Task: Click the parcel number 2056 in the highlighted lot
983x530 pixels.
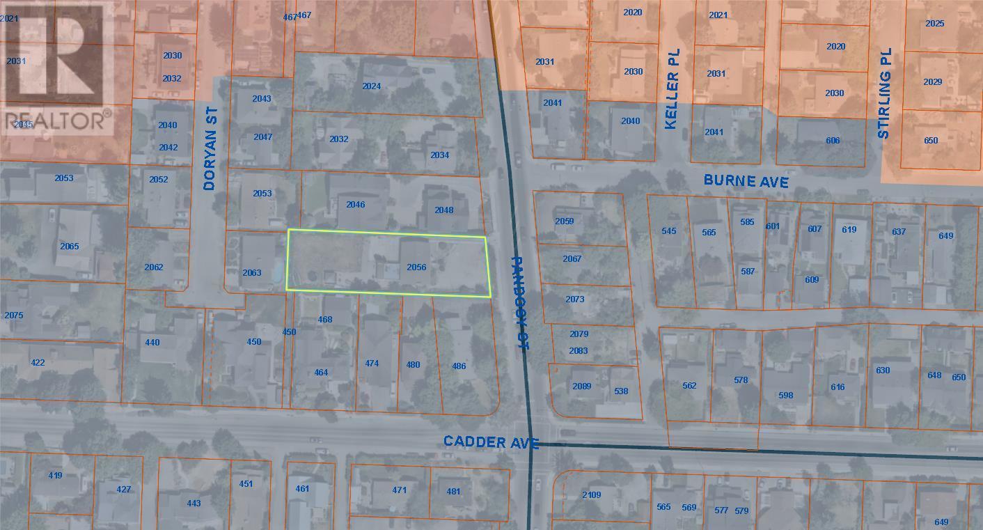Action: pyautogui.click(x=416, y=267)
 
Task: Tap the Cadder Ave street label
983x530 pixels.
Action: pyautogui.click(x=491, y=442)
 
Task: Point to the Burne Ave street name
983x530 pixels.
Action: pyautogui.click(x=746, y=180)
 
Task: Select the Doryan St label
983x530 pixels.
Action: pyautogui.click(x=211, y=148)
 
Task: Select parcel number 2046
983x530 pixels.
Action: pyautogui.click(x=356, y=205)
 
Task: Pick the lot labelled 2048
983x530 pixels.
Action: pyautogui.click(x=443, y=210)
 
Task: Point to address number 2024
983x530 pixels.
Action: pyautogui.click(x=372, y=86)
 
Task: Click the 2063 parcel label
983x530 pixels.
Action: pyautogui.click(x=251, y=272)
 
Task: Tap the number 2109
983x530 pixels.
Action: pyautogui.click(x=591, y=495)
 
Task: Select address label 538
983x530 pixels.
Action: pyautogui.click(x=621, y=391)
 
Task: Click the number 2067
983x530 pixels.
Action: pyautogui.click(x=572, y=259)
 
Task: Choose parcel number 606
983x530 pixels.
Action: pyautogui.click(x=833, y=141)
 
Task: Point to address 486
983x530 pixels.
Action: pyautogui.click(x=459, y=366)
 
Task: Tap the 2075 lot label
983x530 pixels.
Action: pyautogui.click(x=14, y=315)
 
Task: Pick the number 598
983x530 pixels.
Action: pyautogui.click(x=785, y=396)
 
